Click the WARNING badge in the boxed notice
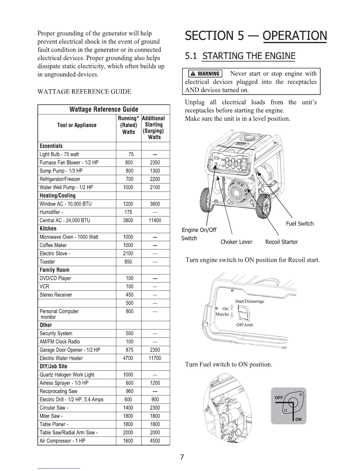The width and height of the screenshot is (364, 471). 205,74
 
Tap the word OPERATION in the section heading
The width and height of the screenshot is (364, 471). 295,36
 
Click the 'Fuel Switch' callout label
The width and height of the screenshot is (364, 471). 300,224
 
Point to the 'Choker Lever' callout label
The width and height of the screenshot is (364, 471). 236,242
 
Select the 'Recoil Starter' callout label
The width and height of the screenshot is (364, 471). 281,242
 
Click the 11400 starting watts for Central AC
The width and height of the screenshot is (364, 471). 155,220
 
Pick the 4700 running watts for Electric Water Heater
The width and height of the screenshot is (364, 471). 128,358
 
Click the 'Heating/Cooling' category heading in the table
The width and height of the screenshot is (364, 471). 58,196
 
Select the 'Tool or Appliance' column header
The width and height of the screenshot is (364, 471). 77,125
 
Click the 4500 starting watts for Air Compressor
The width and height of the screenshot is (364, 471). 155,441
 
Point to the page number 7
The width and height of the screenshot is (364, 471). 182,457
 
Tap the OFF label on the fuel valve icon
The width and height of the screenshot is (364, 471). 279,398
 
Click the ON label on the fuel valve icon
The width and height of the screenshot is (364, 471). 298,419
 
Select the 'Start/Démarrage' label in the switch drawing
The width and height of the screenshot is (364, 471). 250,301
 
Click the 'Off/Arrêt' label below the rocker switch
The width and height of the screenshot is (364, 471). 244,325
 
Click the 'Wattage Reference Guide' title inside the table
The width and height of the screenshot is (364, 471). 104,109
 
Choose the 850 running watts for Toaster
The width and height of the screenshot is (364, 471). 128,262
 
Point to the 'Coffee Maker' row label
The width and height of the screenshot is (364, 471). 53,245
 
